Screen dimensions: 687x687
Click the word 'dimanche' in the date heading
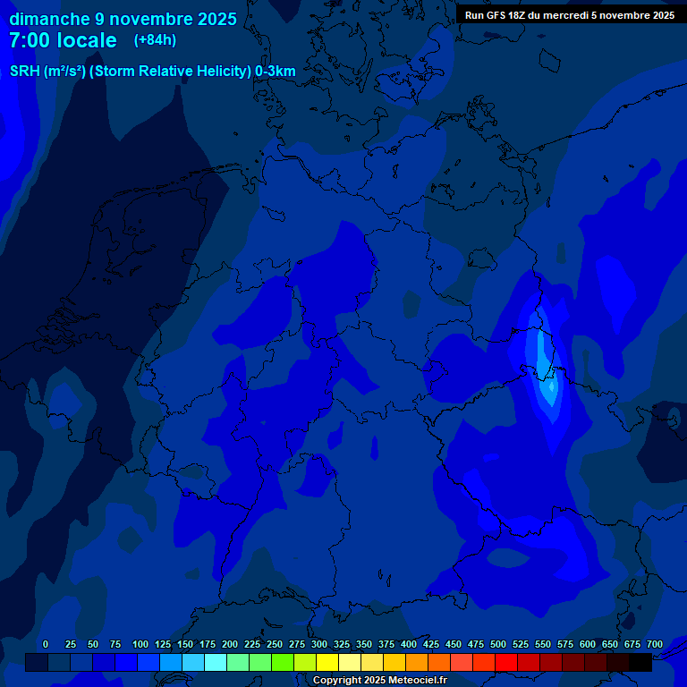click(x=49, y=19)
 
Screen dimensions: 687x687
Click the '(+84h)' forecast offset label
click(x=155, y=40)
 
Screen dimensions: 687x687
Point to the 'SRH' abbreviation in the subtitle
click(x=24, y=72)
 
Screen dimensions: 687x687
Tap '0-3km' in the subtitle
click(x=276, y=72)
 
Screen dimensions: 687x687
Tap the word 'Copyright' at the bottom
click(x=338, y=681)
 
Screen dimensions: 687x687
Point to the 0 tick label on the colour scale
click(x=46, y=644)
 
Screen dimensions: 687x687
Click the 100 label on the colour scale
click(x=140, y=644)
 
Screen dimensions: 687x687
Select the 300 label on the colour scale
click(x=319, y=644)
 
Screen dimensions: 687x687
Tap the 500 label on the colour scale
click(x=498, y=644)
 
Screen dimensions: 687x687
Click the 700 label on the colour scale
click(x=655, y=644)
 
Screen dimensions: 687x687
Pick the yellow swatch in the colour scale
click(x=327, y=662)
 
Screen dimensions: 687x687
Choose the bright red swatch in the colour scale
click(x=506, y=662)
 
